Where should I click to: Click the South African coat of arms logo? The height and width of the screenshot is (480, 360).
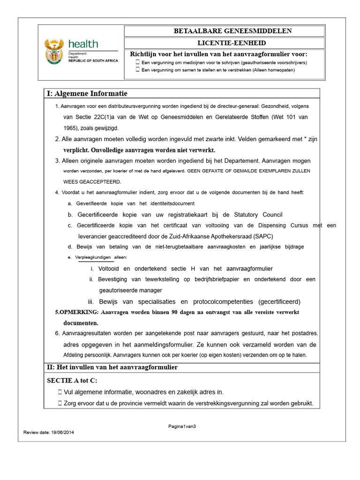tap(54, 51)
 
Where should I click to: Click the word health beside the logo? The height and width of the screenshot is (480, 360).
tap(83, 44)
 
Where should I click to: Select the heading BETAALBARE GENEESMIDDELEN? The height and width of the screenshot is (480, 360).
tap(226, 31)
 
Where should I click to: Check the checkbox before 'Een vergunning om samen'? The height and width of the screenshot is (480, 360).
tap(137, 69)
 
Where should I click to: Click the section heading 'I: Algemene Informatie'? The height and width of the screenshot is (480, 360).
tap(87, 94)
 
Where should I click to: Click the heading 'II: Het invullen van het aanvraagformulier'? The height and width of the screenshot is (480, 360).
tap(112, 367)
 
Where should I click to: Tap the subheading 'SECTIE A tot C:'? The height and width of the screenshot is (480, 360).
tap(72, 380)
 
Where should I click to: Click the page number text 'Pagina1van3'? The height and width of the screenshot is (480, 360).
tap(182, 426)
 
